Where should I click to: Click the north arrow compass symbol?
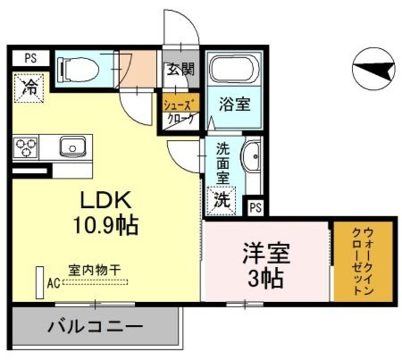tap(375, 68)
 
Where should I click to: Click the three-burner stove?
tap(26, 148)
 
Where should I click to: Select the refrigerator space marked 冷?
tap(30, 89)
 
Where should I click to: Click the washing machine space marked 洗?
tap(222, 200)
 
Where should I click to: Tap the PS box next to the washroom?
tap(255, 207)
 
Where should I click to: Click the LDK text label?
tap(104, 200)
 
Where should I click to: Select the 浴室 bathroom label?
tap(234, 105)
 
